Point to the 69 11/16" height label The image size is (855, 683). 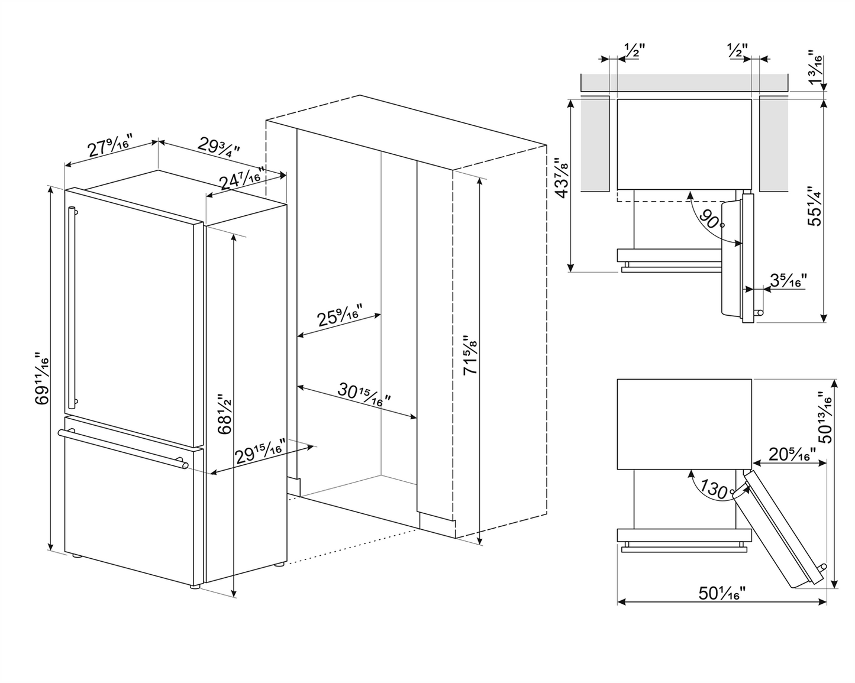pos(41,378)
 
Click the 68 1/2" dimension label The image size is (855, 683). pos(224,414)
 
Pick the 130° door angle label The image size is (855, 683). pos(715,489)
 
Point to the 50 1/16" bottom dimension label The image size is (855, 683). pos(721,593)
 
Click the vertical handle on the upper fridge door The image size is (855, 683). pos(72,307)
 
